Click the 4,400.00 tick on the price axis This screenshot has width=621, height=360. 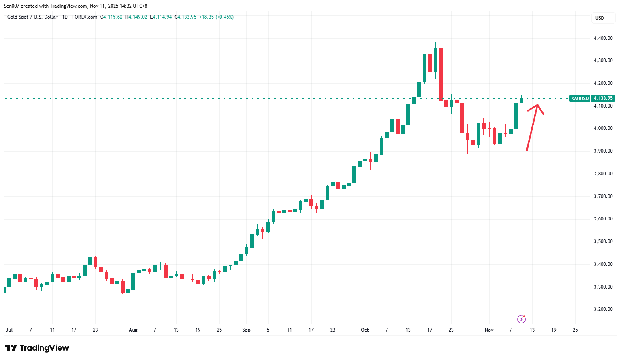pos(603,38)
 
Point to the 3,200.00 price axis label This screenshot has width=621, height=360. pos(603,309)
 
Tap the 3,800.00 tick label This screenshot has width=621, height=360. pos(603,174)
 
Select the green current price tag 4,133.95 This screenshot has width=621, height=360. pos(603,98)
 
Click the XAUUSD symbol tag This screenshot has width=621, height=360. pos(580,98)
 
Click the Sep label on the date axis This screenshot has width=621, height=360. pos(246,330)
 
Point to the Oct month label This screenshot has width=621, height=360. pos(365,330)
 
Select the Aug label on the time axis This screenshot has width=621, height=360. pos(133,330)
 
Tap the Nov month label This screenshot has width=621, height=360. pos(489,330)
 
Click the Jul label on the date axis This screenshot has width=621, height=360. pos(9,330)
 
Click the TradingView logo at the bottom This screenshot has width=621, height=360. pos(37,348)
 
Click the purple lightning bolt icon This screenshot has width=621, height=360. pos(522,319)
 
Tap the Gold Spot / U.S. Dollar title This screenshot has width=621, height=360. pos(32,17)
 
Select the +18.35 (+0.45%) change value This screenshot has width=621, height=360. pos(216,17)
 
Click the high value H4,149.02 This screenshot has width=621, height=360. pos(136,17)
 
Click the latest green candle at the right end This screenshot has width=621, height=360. pos(521,100)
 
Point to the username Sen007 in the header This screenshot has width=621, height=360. pos(12,6)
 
